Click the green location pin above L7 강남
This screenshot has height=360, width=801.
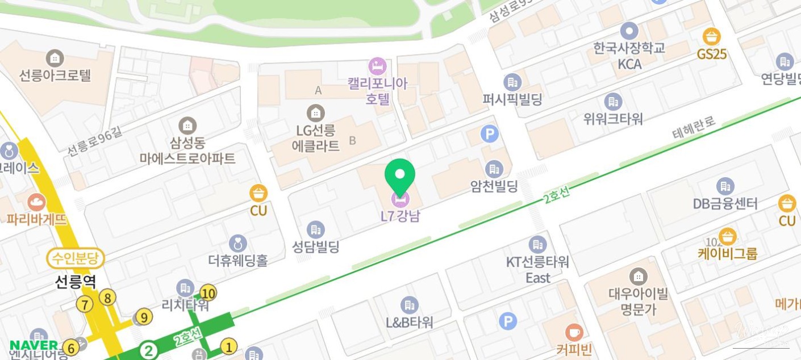(x=400, y=174)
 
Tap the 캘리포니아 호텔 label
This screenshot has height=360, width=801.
(x=378, y=91)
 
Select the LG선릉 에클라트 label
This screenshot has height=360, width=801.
(x=315, y=138)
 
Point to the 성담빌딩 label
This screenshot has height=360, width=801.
(x=315, y=247)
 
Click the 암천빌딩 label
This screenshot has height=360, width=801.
(x=494, y=186)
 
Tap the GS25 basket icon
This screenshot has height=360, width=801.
(x=711, y=37)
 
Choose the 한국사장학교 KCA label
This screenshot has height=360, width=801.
(x=629, y=56)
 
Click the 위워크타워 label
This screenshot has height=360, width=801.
(x=613, y=119)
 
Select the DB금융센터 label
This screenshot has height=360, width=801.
(x=725, y=203)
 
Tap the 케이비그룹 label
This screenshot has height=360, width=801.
(x=727, y=253)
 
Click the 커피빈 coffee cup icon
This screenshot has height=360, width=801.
(x=574, y=332)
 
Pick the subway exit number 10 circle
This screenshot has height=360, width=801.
(x=208, y=293)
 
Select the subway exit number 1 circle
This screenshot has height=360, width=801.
(x=228, y=346)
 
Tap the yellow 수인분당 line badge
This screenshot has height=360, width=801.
(x=76, y=259)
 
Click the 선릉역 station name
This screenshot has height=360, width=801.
(x=76, y=281)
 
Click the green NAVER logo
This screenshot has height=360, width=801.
(x=34, y=345)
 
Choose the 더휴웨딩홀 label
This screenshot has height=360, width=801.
(x=237, y=260)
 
